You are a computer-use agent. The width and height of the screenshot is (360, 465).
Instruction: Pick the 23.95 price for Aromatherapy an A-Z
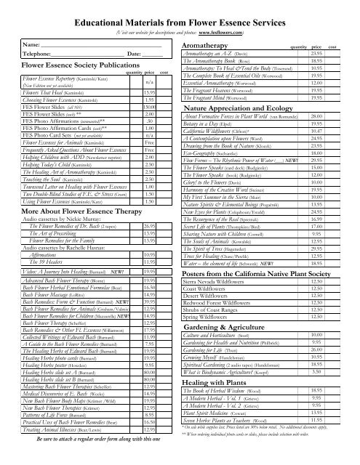(316, 54)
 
